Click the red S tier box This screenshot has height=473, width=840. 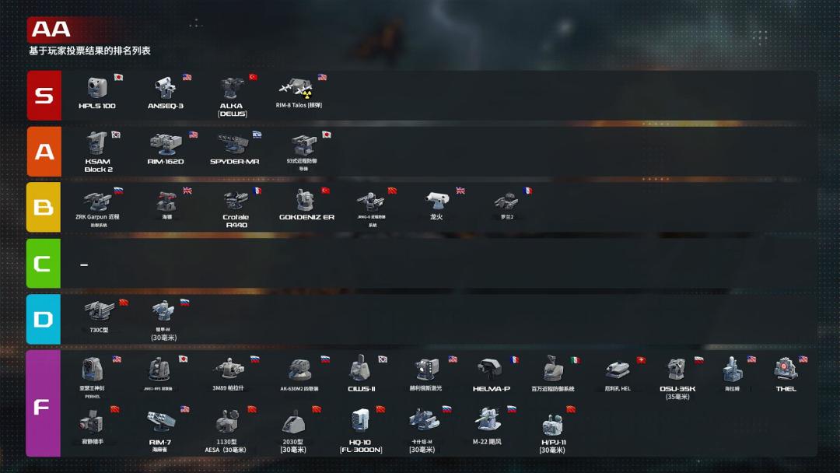click(x=44, y=96)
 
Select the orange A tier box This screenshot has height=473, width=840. click(x=44, y=152)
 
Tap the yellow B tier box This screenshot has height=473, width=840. click(x=44, y=208)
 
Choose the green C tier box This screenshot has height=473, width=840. click(x=44, y=263)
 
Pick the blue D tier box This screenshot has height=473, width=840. click(x=44, y=319)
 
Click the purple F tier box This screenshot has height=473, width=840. click(x=44, y=404)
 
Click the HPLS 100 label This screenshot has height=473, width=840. click(x=97, y=106)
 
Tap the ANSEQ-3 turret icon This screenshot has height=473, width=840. click(x=164, y=88)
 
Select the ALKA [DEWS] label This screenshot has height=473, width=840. click(x=231, y=110)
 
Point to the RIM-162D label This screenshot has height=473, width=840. click(x=166, y=162)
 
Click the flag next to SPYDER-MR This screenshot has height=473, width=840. click(x=257, y=135)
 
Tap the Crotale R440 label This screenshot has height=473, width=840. click(x=236, y=221)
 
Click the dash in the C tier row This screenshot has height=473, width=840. click(x=84, y=265)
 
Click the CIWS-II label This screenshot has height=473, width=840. click(x=362, y=389)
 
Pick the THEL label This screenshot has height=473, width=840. click(x=786, y=389)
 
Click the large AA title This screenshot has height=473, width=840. click(x=51, y=30)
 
